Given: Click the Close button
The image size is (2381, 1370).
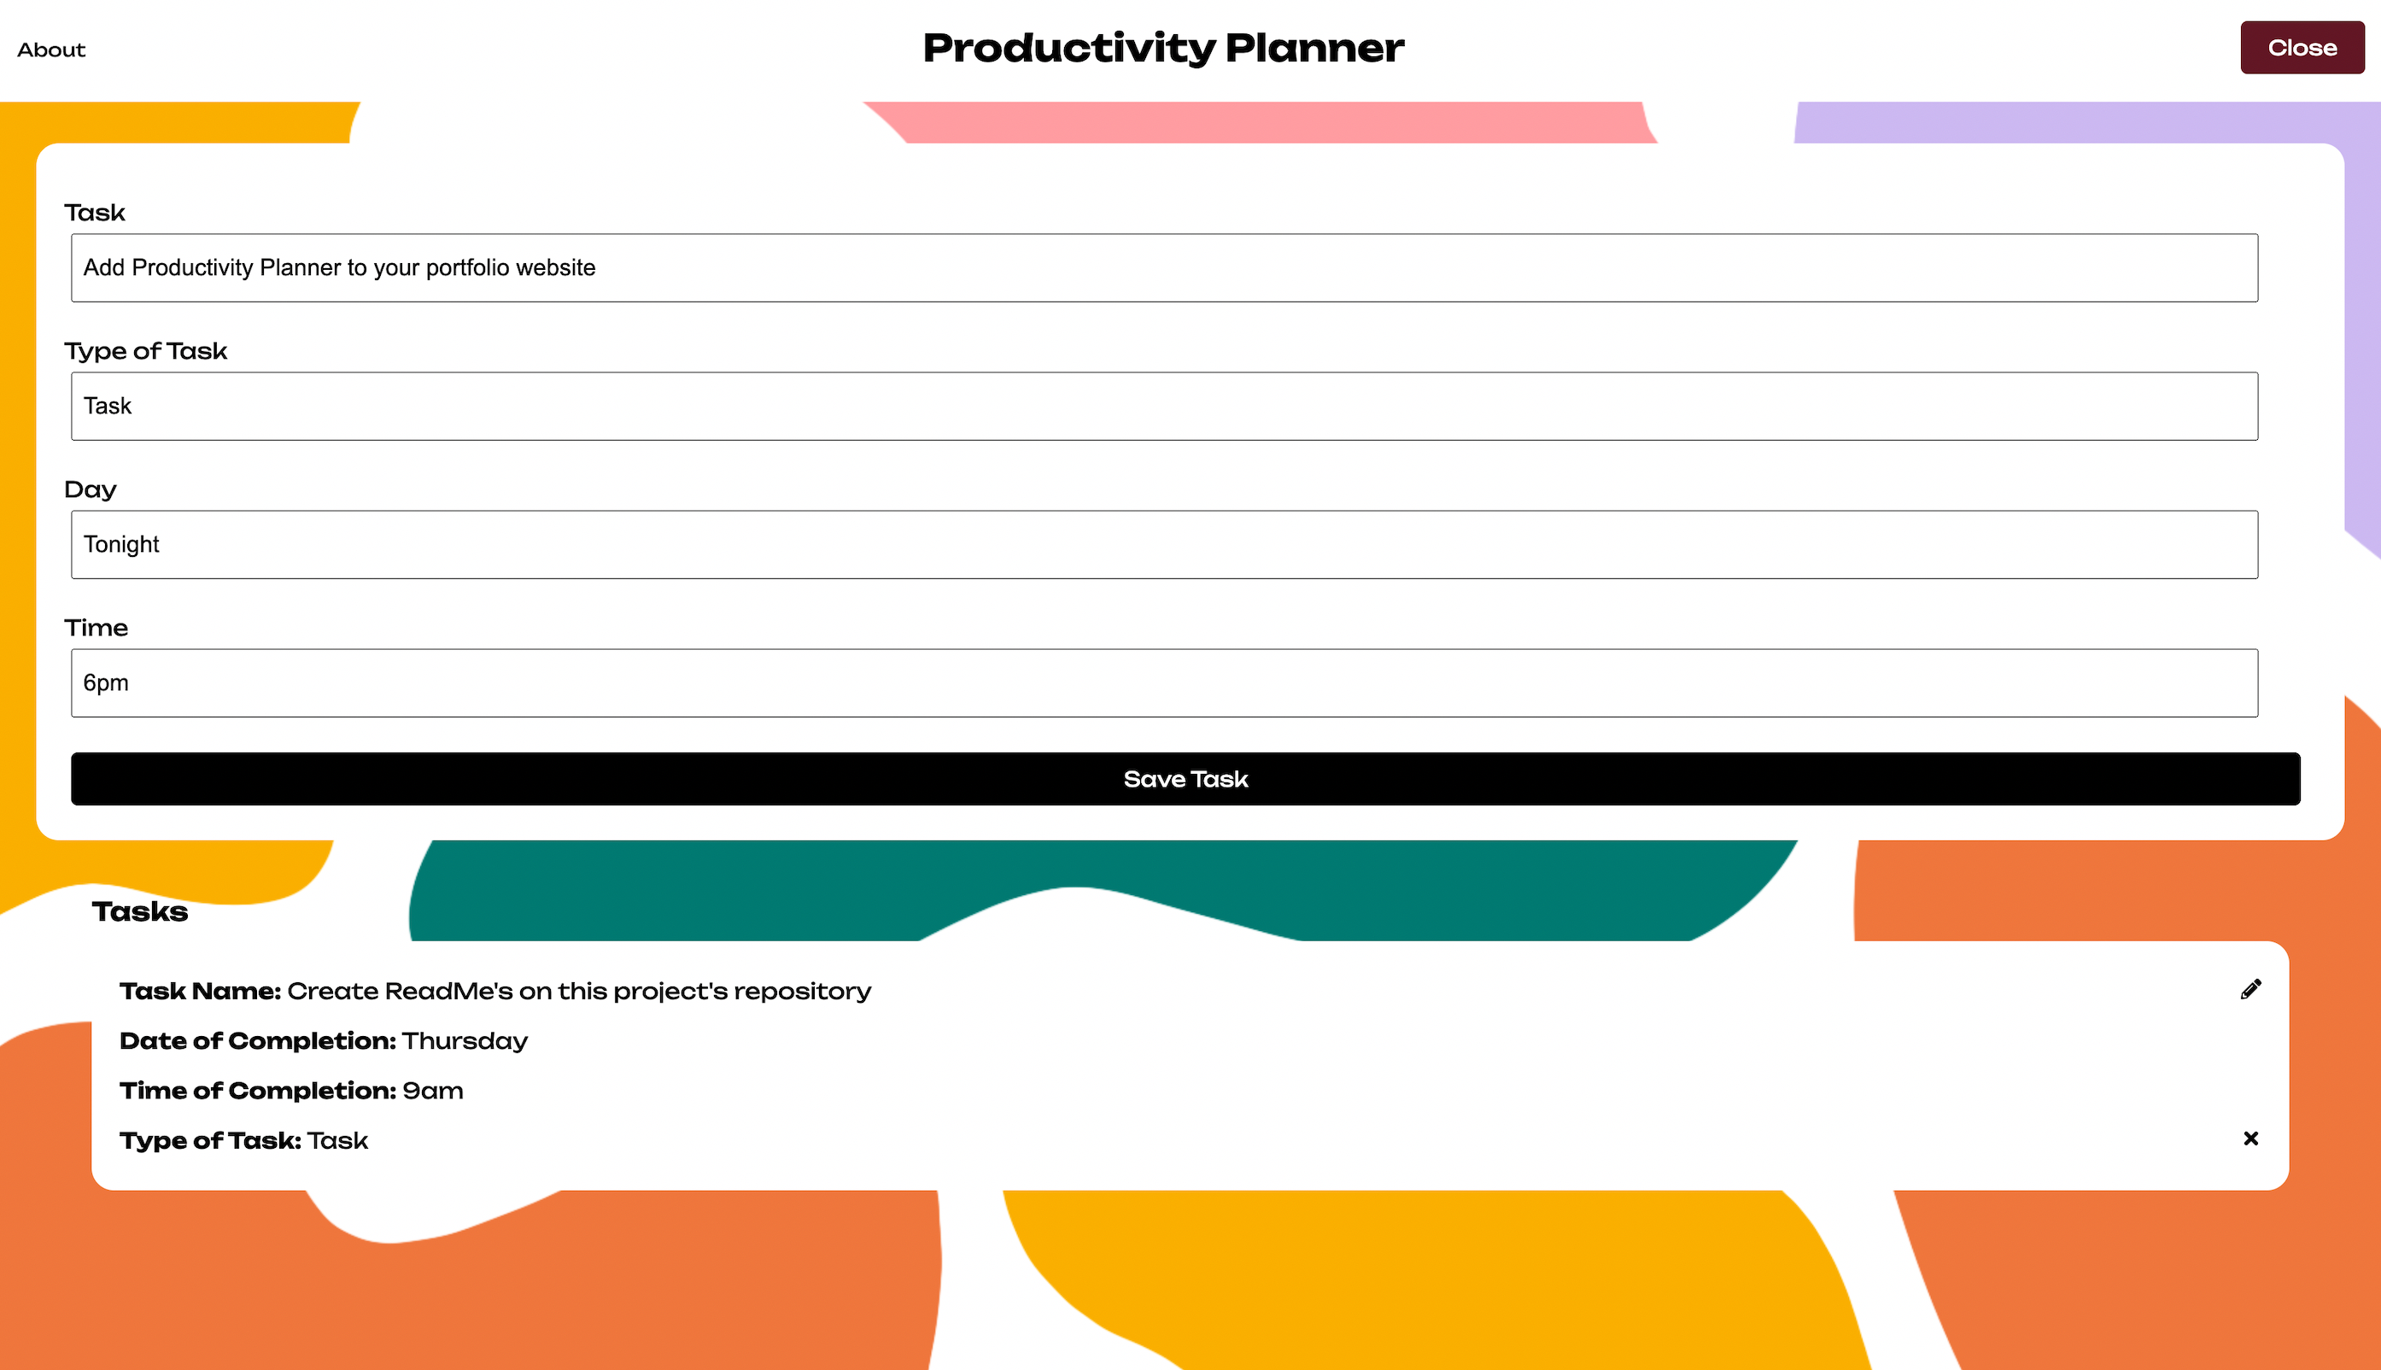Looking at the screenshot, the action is click(x=2302, y=48).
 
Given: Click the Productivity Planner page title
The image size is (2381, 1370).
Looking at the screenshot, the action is click(x=1163, y=49).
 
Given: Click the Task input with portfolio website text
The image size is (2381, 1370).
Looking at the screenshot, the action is click(x=1165, y=268).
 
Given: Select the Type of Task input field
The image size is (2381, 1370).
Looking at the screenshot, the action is click(x=1165, y=407).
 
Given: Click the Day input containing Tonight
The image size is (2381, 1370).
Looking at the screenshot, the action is click(x=1165, y=545).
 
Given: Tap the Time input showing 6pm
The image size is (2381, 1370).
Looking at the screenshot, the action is click(x=1165, y=683).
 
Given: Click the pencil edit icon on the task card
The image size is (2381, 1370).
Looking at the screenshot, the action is click(x=2250, y=989).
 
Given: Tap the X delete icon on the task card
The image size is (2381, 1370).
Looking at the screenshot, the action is click(x=2250, y=1139).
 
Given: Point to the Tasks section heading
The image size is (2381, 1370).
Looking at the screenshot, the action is click(x=140, y=911).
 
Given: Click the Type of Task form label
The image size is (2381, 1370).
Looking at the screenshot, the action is click(x=146, y=351).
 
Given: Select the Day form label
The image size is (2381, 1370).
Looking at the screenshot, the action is click(x=91, y=490).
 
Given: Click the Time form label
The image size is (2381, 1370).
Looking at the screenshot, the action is click(x=96, y=628).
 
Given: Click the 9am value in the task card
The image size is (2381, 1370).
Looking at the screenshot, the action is click(x=433, y=1092).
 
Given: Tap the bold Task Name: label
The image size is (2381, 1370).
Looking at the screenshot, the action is click(x=201, y=992).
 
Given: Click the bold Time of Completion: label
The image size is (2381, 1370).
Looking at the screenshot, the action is click(x=258, y=1092).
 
